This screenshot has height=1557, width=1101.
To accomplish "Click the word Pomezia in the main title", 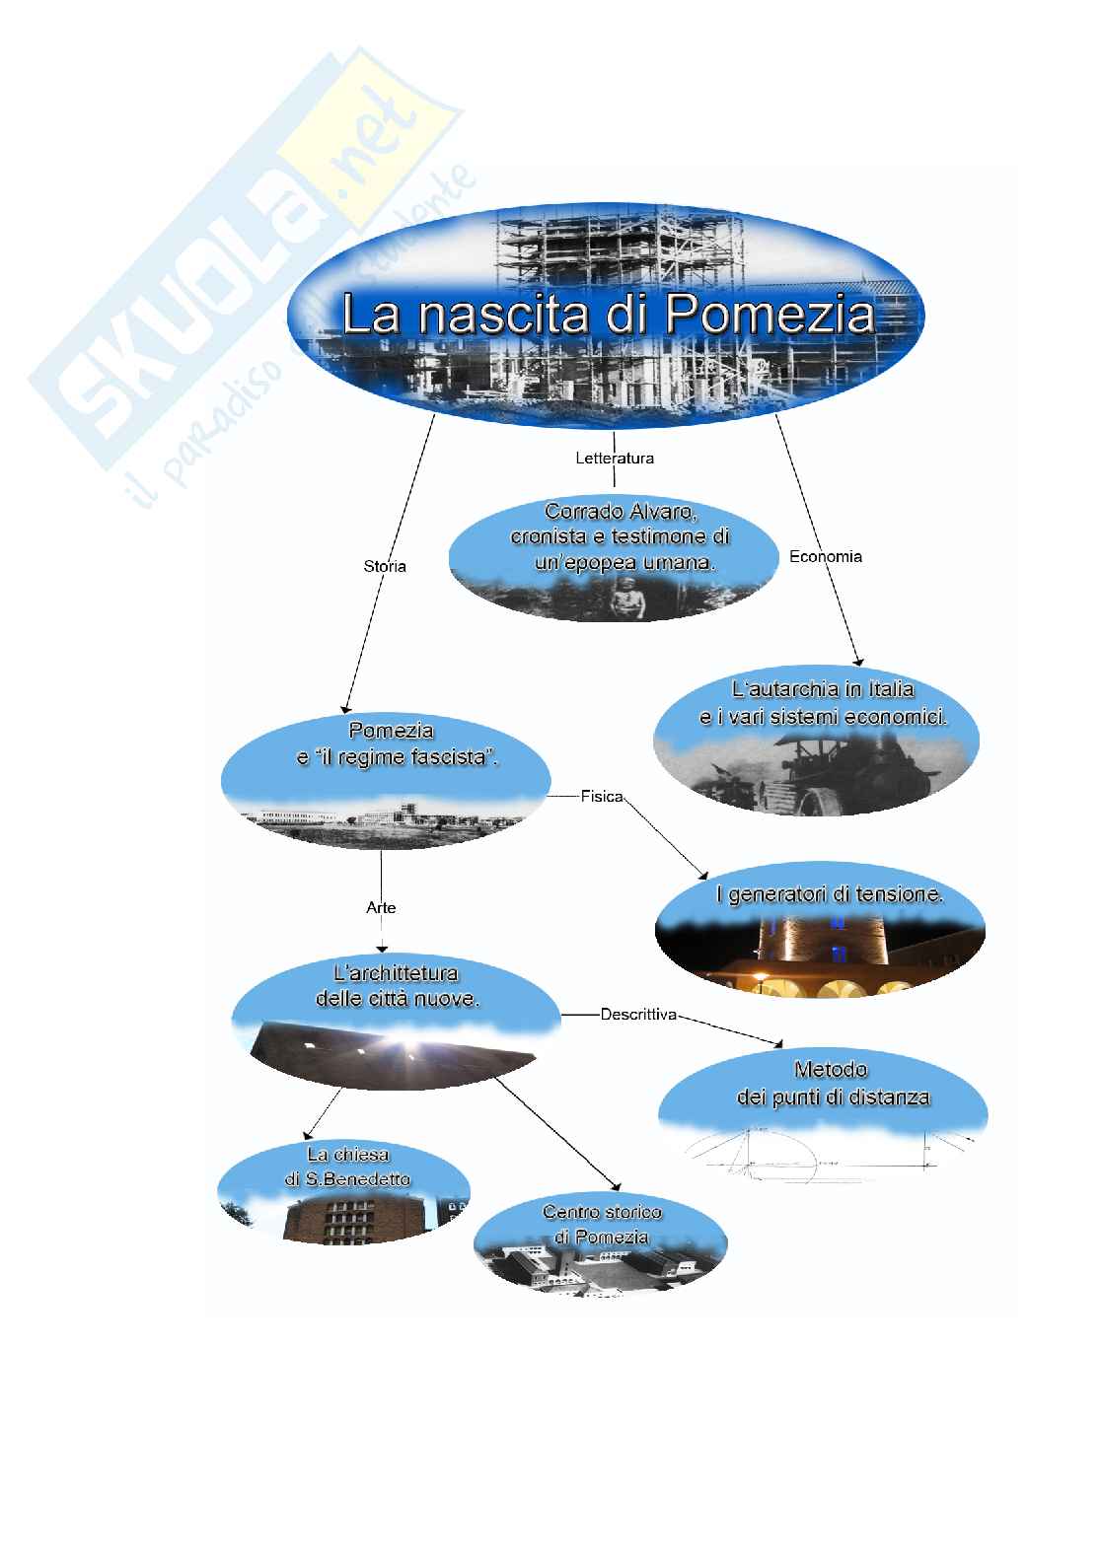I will [770, 315].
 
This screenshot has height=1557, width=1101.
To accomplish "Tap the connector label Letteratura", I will [615, 458].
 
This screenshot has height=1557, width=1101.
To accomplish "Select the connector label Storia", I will [385, 566].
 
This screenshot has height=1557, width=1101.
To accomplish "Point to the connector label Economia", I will [826, 556].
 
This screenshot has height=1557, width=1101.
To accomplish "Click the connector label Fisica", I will [602, 796].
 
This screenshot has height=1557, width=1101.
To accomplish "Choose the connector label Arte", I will [381, 907].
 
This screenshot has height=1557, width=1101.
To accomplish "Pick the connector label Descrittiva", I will [638, 1014].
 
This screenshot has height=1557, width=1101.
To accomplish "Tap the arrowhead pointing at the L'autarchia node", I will [858, 661].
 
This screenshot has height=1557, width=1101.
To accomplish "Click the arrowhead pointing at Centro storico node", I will [617, 1186].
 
